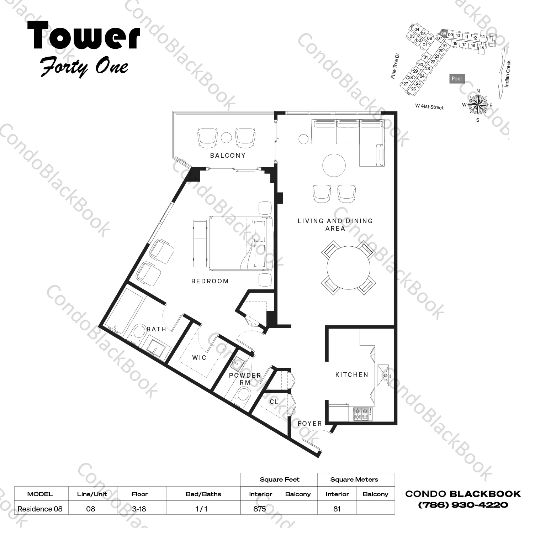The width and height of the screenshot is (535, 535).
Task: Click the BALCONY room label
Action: pyautogui.click(x=228, y=156)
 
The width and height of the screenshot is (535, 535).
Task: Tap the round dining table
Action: pyautogui.click(x=348, y=268)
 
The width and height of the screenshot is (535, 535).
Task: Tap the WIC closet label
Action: pyautogui.click(x=199, y=357)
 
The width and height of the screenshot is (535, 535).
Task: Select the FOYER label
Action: pyautogui.click(x=309, y=423)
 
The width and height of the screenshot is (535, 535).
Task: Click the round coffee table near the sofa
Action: pyautogui.click(x=334, y=165)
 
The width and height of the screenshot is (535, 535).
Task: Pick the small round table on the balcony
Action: pyautogui.click(x=226, y=137)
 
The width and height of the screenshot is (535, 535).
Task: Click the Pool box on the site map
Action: pyautogui.click(x=456, y=79)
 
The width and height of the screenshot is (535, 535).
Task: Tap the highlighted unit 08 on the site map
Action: pyautogui.click(x=443, y=34)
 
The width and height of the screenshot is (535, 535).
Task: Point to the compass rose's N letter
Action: pyautogui.click(x=478, y=91)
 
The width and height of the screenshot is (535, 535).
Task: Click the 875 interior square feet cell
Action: pyautogui.click(x=260, y=509)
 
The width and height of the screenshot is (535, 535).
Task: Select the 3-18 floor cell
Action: pyautogui.click(x=139, y=509)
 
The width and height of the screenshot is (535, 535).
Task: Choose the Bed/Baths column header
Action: pyautogui.click(x=203, y=494)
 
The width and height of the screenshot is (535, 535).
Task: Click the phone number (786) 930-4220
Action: pyautogui.click(x=463, y=505)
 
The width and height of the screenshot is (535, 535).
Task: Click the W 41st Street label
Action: pyautogui.click(x=429, y=106)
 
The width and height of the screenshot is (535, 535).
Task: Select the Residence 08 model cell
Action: pyautogui.click(x=40, y=509)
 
